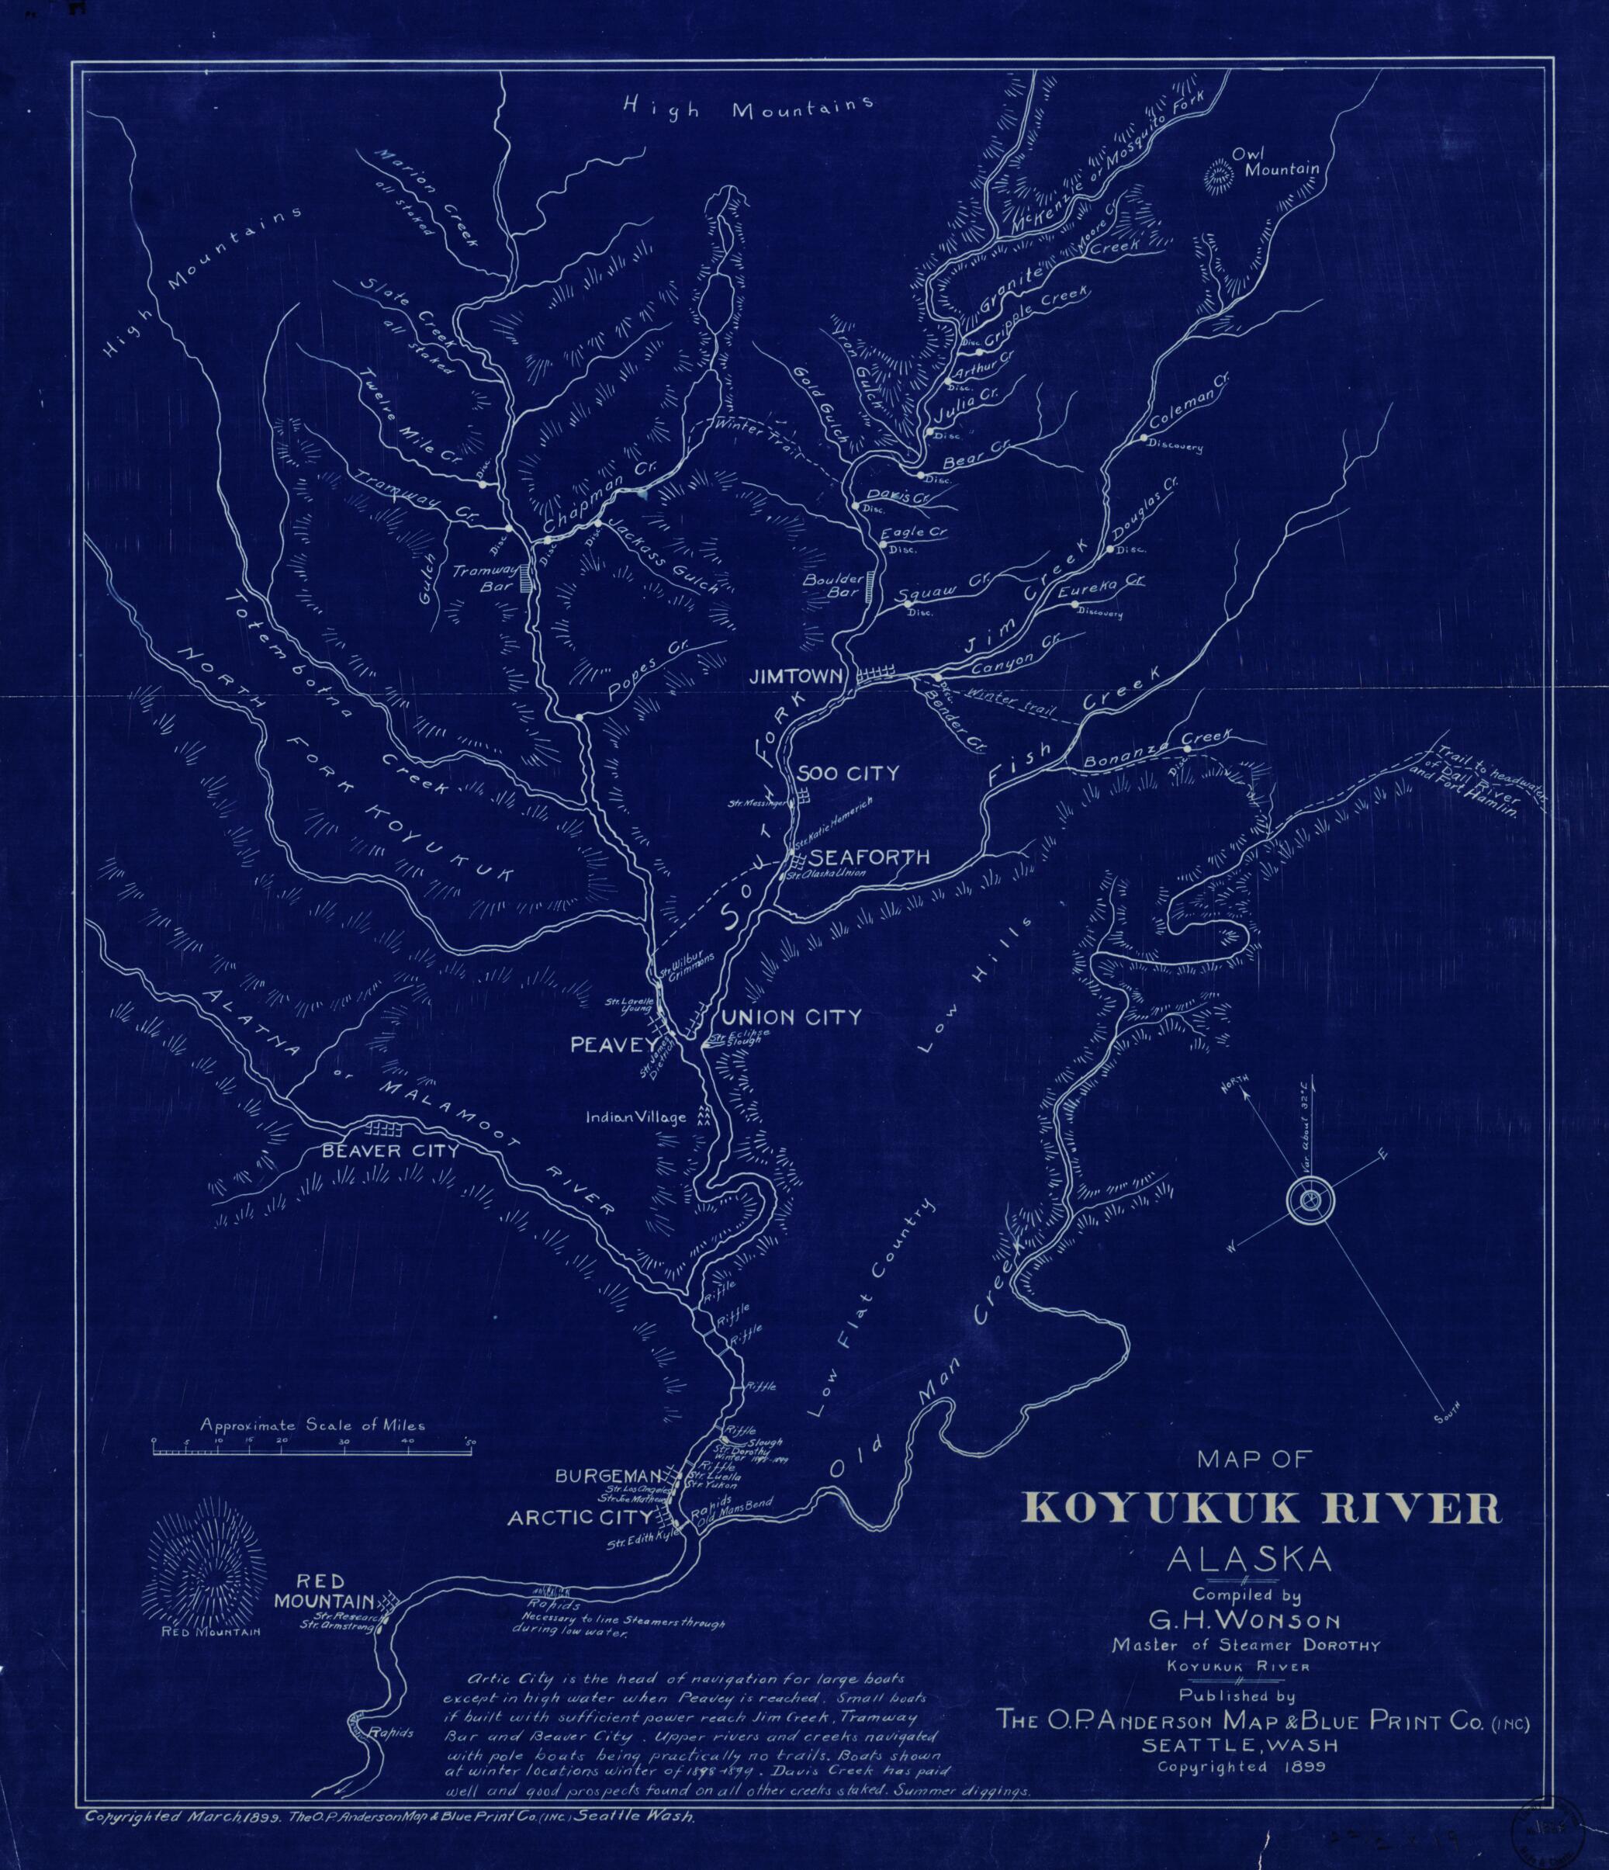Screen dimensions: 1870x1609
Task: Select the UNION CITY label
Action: click(790, 1017)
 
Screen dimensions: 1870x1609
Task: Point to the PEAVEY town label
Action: click(610, 1045)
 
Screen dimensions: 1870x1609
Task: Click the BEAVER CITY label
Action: click(391, 1151)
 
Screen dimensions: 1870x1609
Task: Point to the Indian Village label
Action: click(635, 1117)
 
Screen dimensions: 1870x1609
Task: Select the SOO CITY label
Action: click(848, 774)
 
